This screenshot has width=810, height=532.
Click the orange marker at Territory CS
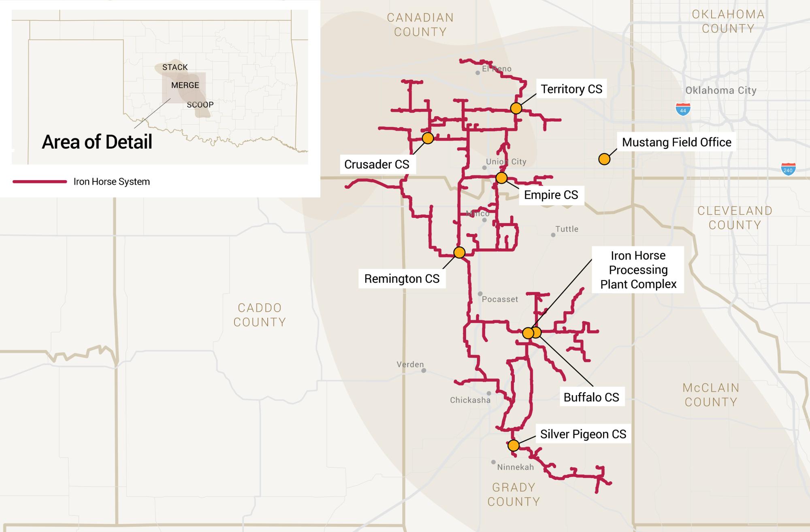click(x=516, y=108)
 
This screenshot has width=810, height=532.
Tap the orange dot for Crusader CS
click(x=428, y=138)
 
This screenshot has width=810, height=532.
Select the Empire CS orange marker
click(x=501, y=178)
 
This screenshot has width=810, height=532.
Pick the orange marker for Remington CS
click(x=459, y=253)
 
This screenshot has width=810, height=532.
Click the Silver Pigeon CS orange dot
click(x=514, y=445)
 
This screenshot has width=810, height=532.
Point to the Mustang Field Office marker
click(x=604, y=159)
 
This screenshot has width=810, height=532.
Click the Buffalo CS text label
click(x=591, y=397)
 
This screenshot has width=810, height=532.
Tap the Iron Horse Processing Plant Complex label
click(x=638, y=270)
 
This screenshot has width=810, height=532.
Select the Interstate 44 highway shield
click(x=683, y=109)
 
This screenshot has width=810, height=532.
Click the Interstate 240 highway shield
click(x=788, y=169)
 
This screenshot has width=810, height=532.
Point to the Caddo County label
click(x=260, y=315)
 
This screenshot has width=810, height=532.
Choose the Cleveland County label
click(x=735, y=218)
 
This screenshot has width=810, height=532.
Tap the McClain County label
click(x=711, y=395)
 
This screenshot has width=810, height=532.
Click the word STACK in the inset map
click(x=175, y=67)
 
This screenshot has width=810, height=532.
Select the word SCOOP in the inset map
click(x=200, y=105)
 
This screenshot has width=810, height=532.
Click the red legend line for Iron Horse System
click(x=40, y=182)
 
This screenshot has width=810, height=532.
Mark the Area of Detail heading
click(x=97, y=142)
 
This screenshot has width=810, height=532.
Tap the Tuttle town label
click(x=567, y=229)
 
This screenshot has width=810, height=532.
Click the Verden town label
click(x=410, y=364)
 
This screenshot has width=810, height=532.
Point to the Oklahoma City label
click(x=721, y=90)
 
